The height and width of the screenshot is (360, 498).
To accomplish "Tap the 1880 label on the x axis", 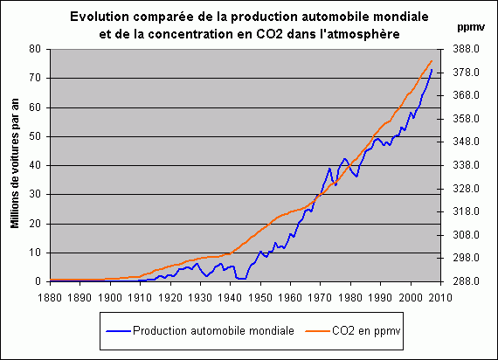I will tap(50, 297).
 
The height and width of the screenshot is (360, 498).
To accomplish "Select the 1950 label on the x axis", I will tap(260, 297).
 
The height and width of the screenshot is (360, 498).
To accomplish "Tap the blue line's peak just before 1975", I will tap(329, 168).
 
